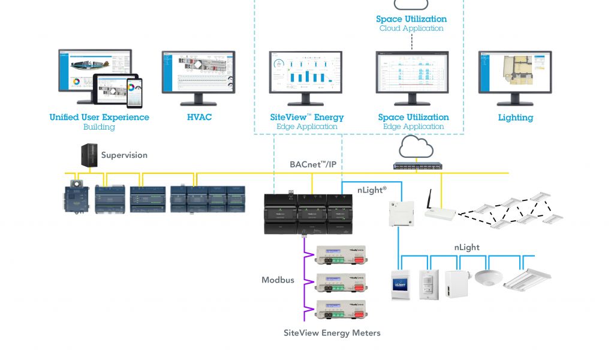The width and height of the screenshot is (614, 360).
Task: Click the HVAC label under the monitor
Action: (x=199, y=118)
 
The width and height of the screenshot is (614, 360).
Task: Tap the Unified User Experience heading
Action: (x=99, y=118)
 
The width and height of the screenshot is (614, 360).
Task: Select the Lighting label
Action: (x=515, y=118)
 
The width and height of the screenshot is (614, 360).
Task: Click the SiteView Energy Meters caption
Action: (x=332, y=333)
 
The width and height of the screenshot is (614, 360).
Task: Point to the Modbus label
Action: (x=278, y=280)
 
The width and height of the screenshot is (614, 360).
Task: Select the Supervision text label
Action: (x=124, y=155)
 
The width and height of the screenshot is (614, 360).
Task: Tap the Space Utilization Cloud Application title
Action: (x=411, y=19)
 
